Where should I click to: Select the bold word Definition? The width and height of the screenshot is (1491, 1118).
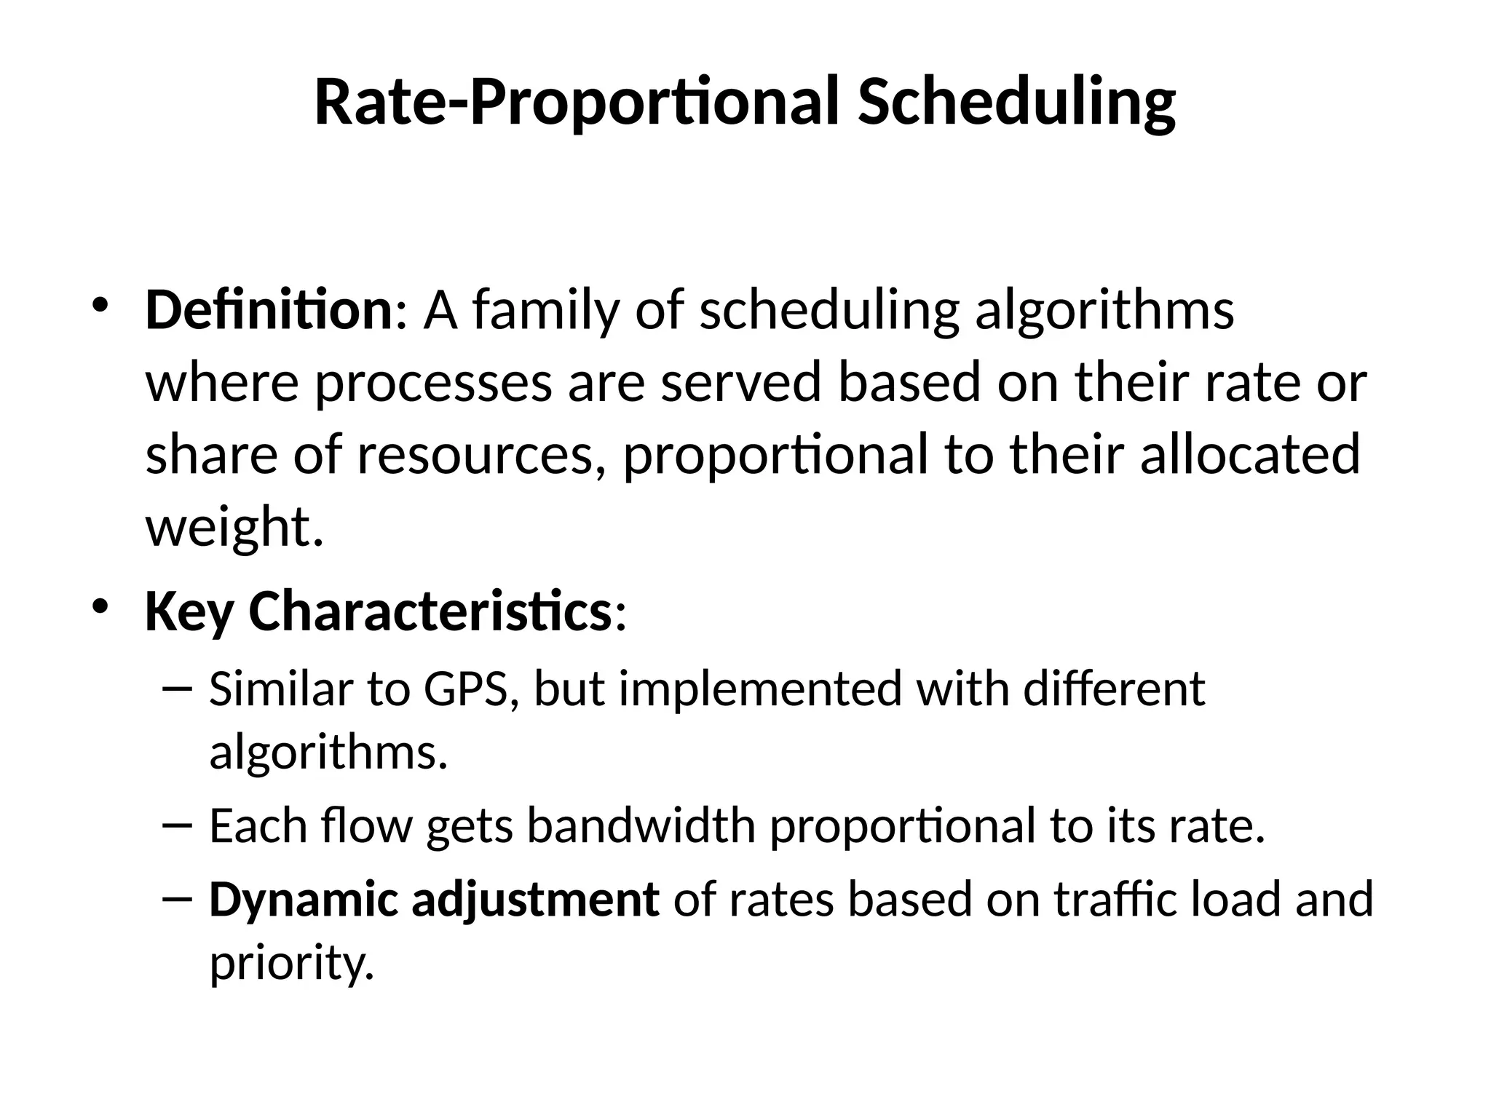pyautogui.click(x=269, y=310)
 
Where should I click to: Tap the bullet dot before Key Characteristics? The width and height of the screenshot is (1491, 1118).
pyautogui.click(x=100, y=606)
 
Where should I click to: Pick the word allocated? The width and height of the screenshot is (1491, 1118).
pyautogui.click(x=1250, y=453)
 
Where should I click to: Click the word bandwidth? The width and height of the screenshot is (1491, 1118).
pyautogui.click(x=641, y=826)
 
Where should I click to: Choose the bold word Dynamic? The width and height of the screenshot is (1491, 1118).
pyautogui.click(x=303, y=900)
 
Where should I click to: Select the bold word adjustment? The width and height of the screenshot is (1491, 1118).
pyautogui.click(x=536, y=900)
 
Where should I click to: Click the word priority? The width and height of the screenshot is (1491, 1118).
pyautogui.click(x=291, y=964)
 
